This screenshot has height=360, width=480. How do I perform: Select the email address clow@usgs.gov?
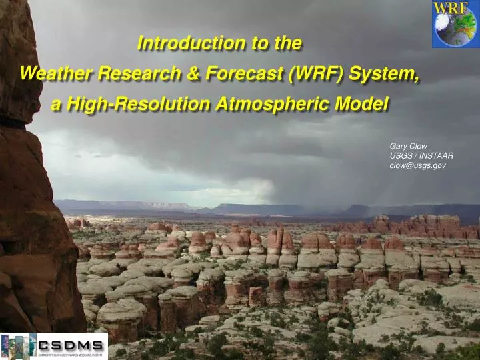tap(418, 165)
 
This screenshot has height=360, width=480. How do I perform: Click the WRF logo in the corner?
tap(454, 24)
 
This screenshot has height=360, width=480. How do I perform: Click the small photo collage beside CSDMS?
tap(18, 347)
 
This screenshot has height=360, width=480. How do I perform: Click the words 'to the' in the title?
tap(277, 43)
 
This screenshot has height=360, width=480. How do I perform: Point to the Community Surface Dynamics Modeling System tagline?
tap(71, 355)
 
